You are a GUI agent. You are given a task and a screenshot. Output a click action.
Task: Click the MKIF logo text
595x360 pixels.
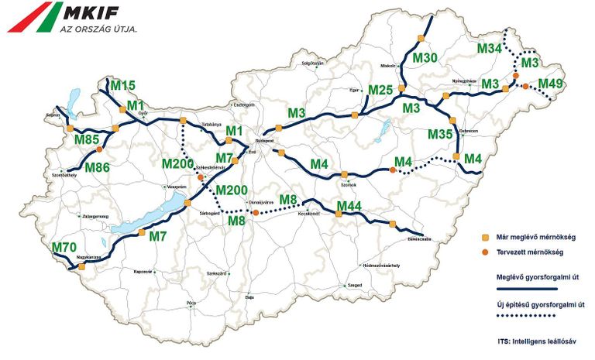pyautogui.click(x=96, y=13)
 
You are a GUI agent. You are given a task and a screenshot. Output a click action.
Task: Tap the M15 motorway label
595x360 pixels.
pyautogui.click(x=123, y=85)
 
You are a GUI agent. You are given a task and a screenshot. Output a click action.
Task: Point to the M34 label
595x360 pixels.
pyautogui.click(x=489, y=49)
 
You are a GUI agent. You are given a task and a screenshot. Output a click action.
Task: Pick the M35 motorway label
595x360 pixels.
pyautogui.click(x=440, y=134)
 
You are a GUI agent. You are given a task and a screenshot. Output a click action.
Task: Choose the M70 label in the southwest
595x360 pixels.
pyautogui.click(x=65, y=248)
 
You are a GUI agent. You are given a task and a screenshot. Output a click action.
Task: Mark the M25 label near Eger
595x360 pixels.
pyautogui.click(x=381, y=91)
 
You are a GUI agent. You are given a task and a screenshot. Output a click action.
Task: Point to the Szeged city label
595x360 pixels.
pyautogui.click(x=356, y=286)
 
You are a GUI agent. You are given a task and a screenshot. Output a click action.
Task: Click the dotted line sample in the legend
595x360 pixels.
pyautogui.click(x=527, y=315)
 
